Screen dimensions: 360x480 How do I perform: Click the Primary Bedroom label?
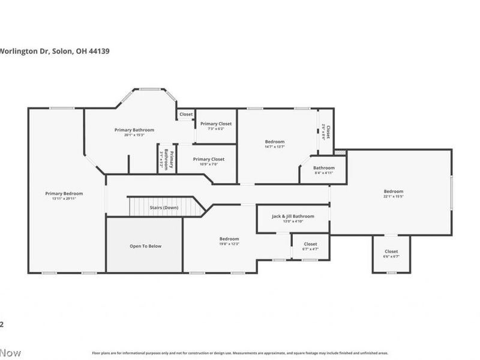tap(64, 193)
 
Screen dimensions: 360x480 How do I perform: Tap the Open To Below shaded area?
tap(145, 246)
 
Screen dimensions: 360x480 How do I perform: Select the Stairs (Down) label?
tap(163, 208)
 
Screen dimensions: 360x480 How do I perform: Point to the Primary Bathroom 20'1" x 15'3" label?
tap(134, 130)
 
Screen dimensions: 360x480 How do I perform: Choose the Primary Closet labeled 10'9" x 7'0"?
tap(208, 160)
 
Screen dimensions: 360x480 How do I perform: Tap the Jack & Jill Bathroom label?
tap(292, 216)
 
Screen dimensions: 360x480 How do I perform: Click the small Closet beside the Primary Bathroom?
tap(186, 114)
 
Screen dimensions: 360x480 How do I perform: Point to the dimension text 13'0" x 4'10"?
tap(292, 221)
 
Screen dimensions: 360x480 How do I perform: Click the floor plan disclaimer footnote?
tap(240, 353)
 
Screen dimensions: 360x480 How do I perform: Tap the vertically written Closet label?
tap(328, 131)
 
